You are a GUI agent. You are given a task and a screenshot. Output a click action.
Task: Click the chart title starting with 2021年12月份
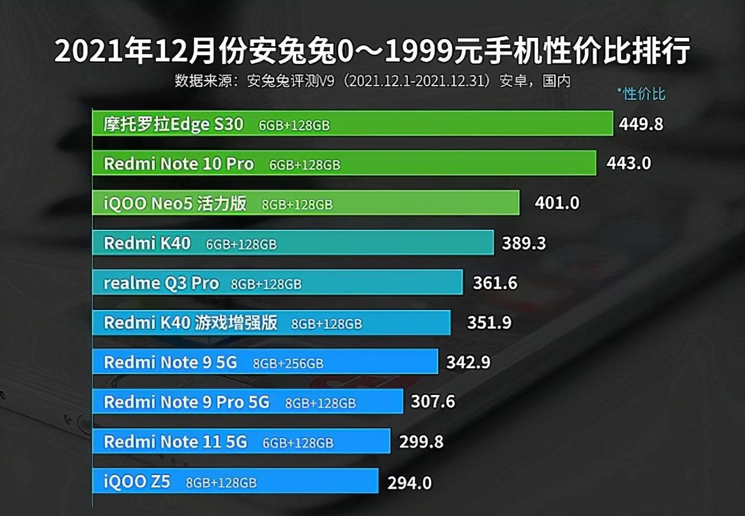click(x=372, y=52)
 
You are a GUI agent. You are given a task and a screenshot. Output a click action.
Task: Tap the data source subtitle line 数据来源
click(x=372, y=81)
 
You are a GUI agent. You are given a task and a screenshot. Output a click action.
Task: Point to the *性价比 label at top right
click(x=641, y=94)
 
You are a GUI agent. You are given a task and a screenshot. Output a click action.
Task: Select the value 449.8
click(x=641, y=124)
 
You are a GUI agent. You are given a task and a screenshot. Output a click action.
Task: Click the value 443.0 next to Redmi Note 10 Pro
click(x=629, y=163)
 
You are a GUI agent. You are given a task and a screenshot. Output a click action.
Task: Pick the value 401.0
click(x=557, y=203)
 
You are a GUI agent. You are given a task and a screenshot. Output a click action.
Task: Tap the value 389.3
click(x=524, y=243)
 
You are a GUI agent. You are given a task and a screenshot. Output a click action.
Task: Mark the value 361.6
click(x=495, y=283)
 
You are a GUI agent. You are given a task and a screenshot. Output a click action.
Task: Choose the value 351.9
click(x=489, y=322)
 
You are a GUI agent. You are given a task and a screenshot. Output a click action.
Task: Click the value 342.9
click(x=468, y=362)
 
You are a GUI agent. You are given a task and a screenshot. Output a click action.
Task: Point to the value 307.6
click(x=432, y=402)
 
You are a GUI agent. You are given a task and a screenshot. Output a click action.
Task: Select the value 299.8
click(x=421, y=442)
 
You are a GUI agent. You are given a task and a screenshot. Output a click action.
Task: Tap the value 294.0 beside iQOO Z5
click(x=410, y=482)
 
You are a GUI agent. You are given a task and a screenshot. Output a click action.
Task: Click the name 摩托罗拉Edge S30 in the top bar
click(x=173, y=124)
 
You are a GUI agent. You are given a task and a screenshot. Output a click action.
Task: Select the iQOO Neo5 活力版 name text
click(x=175, y=203)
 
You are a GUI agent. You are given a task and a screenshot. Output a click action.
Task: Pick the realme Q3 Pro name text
click(x=161, y=283)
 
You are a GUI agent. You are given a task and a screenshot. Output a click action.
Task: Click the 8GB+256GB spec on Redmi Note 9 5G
click(x=288, y=364)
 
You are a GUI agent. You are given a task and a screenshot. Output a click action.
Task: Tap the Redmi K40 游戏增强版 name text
click(x=190, y=322)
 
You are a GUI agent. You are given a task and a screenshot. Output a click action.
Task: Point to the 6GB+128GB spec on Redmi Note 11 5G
click(x=298, y=443)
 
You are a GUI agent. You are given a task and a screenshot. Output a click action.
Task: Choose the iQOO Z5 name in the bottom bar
click(x=137, y=482)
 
